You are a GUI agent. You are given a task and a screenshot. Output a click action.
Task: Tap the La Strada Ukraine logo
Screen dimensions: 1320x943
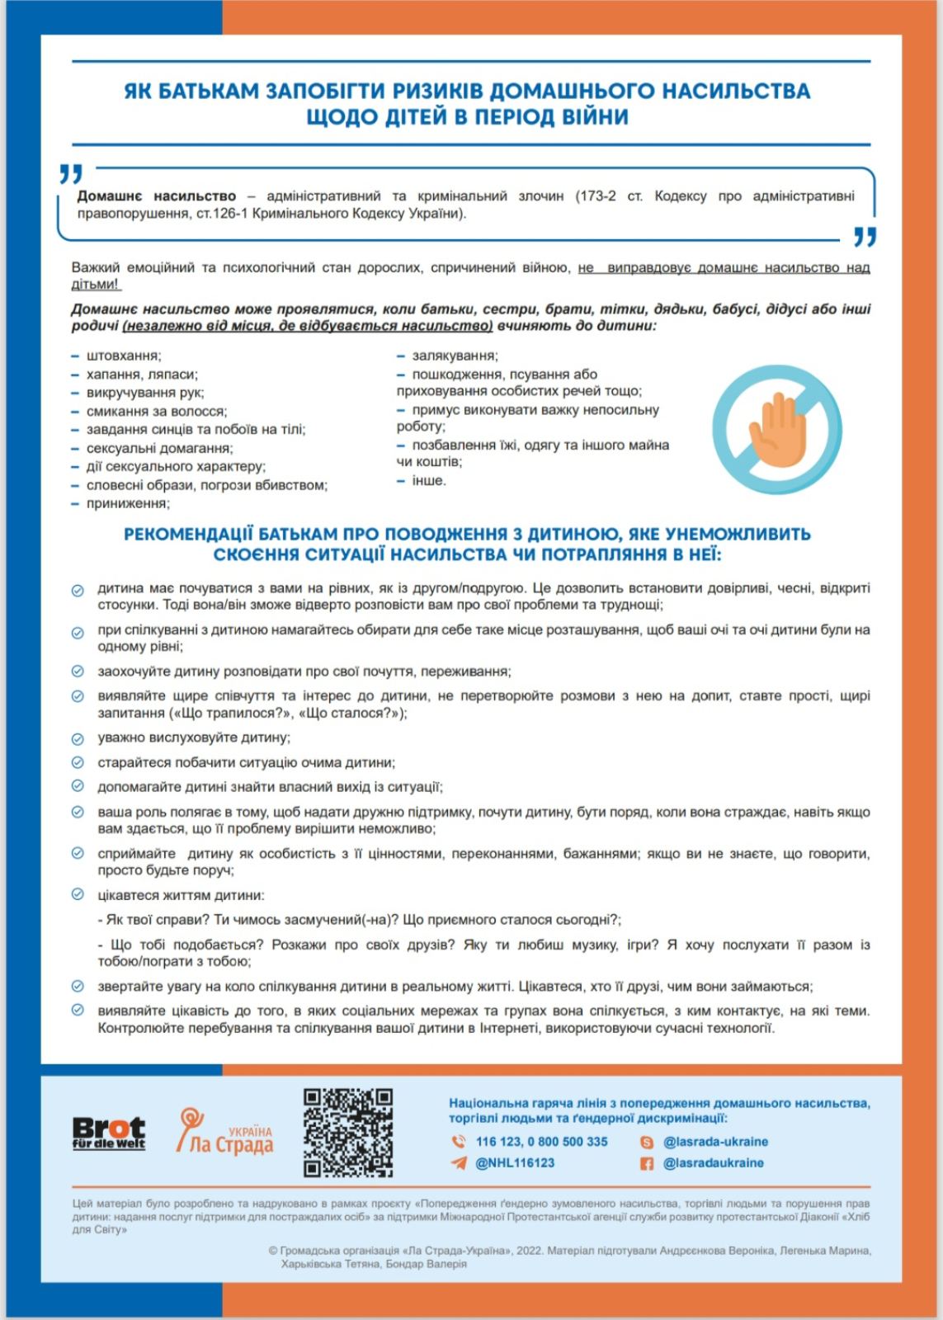(x=224, y=1131)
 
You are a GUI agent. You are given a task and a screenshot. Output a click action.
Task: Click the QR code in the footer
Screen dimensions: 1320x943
(x=347, y=1132)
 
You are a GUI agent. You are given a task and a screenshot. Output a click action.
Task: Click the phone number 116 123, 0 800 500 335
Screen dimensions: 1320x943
(x=541, y=1142)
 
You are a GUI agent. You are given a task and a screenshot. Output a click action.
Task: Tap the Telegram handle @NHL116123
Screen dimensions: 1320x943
(x=515, y=1163)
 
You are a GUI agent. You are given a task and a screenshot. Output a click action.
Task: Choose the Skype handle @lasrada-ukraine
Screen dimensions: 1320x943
(x=715, y=1142)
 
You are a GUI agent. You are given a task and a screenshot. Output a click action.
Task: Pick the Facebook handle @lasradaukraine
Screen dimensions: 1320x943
(x=714, y=1163)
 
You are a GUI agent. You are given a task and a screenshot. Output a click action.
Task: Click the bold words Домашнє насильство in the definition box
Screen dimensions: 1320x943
(x=157, y=196)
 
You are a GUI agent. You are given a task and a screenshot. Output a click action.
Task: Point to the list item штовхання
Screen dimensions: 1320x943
(x=124, y=356)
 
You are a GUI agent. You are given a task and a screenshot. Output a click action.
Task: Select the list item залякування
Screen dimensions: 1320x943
(x=455, y=356)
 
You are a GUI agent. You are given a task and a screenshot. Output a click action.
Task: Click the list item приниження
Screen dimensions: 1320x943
(x=128, y=503)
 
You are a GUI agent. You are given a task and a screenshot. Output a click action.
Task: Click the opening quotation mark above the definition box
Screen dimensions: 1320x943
(x=71, y=174)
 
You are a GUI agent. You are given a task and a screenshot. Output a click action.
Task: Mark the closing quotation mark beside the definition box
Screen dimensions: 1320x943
(x=865, y=238)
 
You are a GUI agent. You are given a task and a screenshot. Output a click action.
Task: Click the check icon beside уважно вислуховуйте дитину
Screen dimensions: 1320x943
(x=78, y=738)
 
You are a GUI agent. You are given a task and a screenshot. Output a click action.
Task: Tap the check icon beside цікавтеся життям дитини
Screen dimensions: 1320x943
(x=78, y=894)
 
